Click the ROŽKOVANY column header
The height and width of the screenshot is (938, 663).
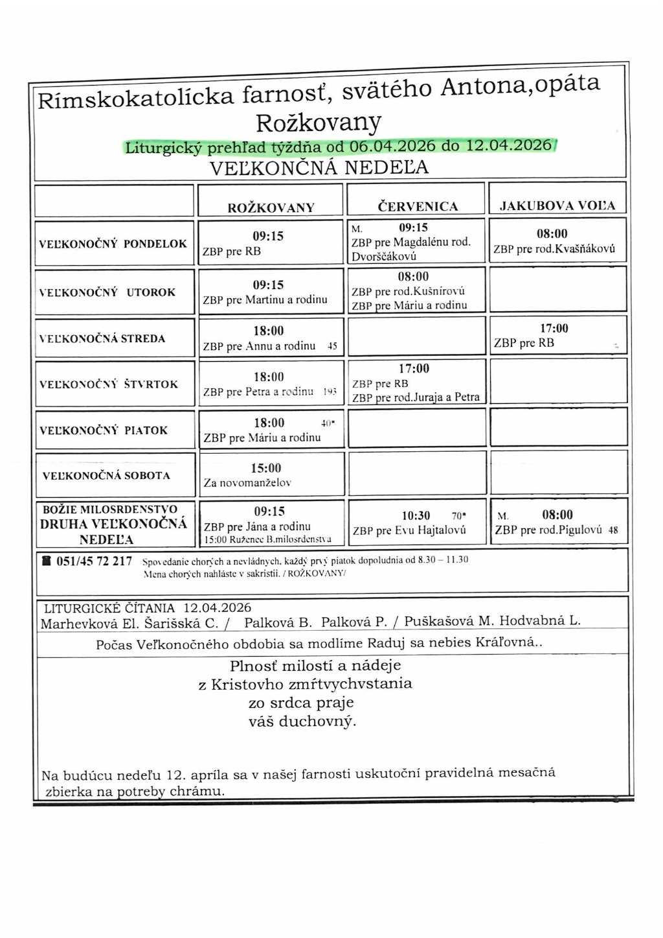(x=271, y=207)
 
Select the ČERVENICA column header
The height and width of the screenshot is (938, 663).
(x=418, y=207)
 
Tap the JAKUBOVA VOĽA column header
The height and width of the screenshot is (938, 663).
(x=557, y=206)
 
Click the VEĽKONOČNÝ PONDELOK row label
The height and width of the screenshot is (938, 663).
(x=113, y=244)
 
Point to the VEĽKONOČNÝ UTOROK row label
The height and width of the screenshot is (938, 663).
(x=107, y=292)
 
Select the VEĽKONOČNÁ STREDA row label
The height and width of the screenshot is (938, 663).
(x=102, y=338)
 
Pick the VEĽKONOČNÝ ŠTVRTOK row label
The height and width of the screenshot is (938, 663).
(x=109, y=384)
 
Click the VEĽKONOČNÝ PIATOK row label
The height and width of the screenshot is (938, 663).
(x=104, y=430)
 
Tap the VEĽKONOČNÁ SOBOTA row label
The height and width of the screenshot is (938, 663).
(x=106, y=476)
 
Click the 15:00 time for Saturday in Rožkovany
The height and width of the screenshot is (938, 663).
(x=266, y=468)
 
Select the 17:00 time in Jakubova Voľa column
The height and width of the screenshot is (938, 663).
(x=554, y=329)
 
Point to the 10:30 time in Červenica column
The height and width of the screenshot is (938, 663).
(x=416, y=515)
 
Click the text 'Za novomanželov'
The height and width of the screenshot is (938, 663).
(x=247, y=483)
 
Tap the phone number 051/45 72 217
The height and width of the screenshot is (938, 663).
(x=94, y=561)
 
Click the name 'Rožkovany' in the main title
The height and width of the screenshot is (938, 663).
(x=319, y=123)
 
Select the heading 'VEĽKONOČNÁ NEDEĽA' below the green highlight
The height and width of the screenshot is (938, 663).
(x=319, y=168)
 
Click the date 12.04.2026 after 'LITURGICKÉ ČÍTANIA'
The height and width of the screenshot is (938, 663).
(x=217, y=608)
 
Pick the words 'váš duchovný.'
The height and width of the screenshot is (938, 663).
(x=302, y=721)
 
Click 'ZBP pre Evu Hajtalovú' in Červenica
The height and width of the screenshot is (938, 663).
(x=409, y=531)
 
